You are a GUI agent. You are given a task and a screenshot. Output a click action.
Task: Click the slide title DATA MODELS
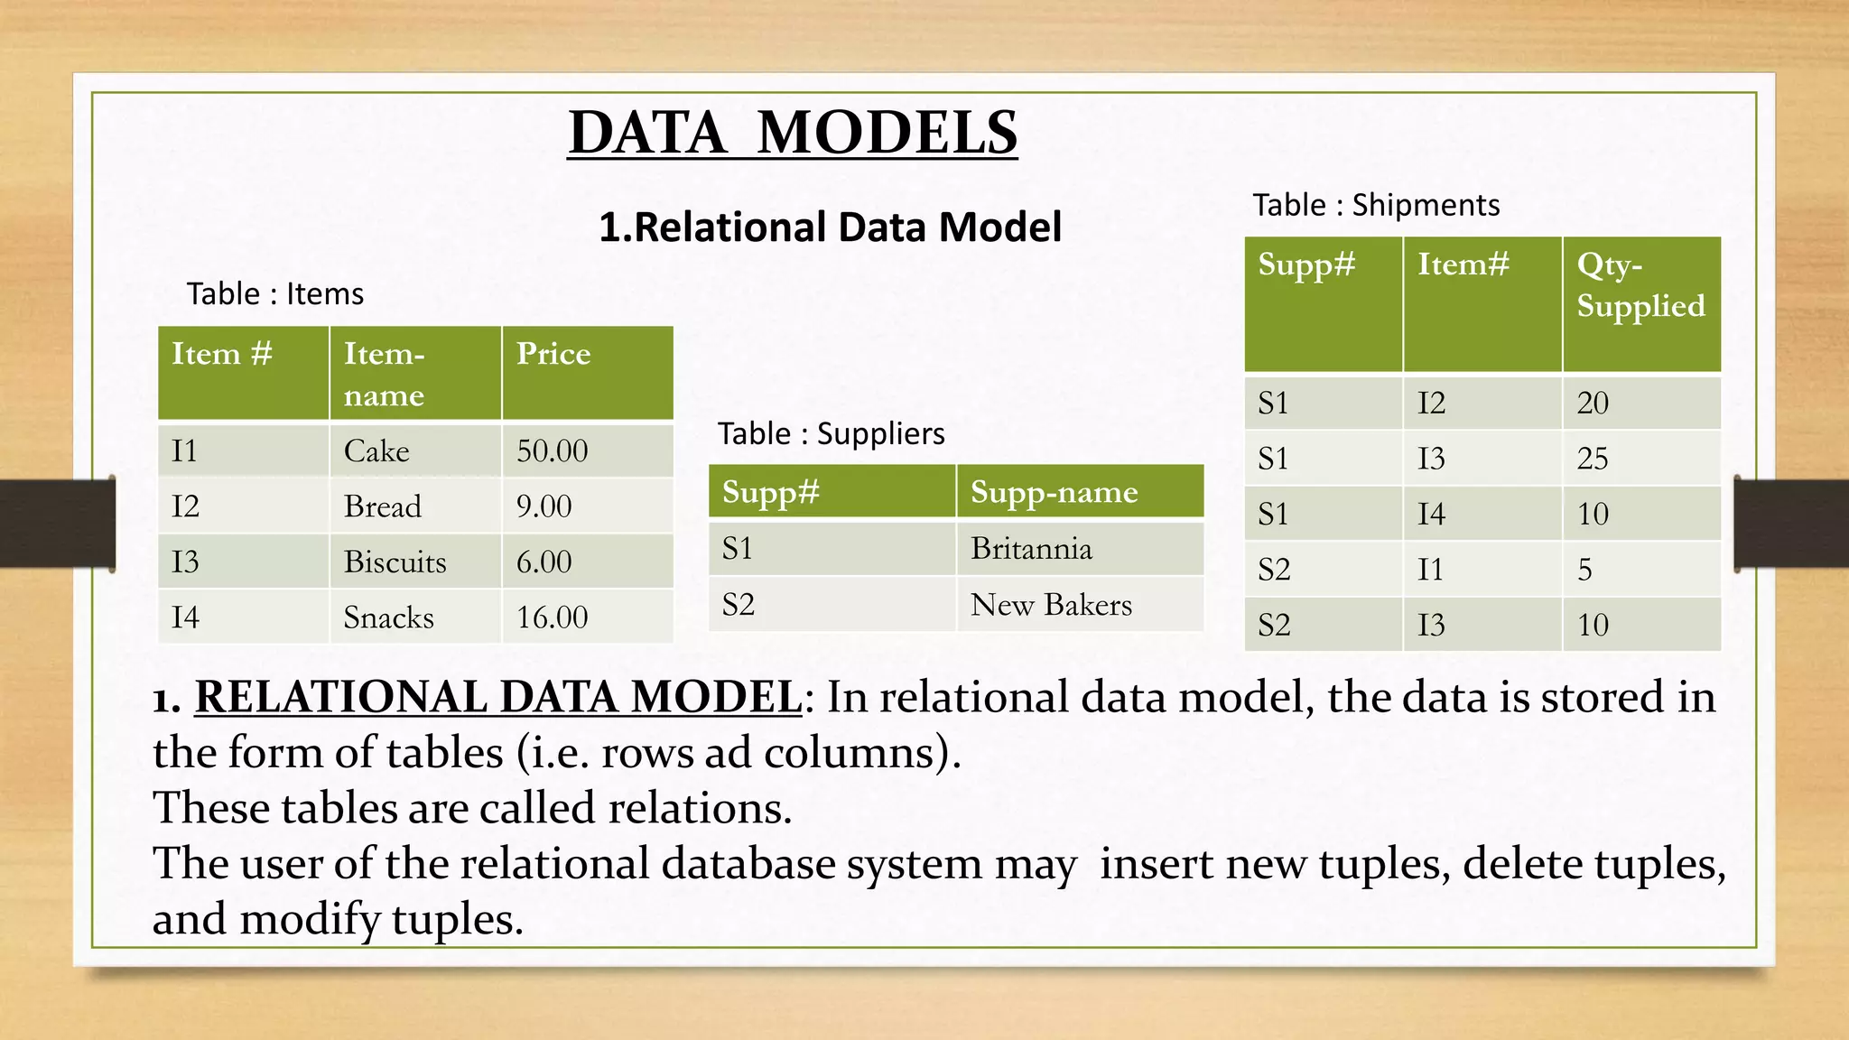[x=793, y=134]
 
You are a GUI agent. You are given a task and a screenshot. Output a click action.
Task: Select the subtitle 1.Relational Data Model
[x=830, y=227]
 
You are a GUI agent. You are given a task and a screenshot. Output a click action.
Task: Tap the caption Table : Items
[x=274, y=294]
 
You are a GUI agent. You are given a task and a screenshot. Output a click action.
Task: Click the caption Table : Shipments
[x=1375, y=206]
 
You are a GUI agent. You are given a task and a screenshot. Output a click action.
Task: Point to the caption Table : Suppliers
[x=831, y=434]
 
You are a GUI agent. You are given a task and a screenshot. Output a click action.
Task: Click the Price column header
[x=553, y=354]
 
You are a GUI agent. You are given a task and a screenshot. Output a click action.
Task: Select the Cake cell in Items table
[x=376, y=451]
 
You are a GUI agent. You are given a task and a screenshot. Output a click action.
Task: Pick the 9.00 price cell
[x=544, y=506]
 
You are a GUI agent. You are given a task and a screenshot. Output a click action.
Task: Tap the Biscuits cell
[x=395, y=562]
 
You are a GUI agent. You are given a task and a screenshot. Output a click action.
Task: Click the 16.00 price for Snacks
[x=552, y=617]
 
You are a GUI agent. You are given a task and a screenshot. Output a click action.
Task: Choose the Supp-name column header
[x=1054, y=492]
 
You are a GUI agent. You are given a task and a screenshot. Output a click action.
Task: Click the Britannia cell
[x=1031, y=549]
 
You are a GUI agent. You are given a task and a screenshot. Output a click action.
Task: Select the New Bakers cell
[x=1051, y=605]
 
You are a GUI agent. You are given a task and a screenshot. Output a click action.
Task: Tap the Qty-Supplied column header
[x=1640, y=285]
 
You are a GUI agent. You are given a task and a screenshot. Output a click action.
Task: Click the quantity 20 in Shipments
[x=1593, y=403]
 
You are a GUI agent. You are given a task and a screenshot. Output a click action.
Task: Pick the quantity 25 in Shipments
[x=1593, y=459]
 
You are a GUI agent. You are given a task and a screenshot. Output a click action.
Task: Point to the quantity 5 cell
[x=1584, y=570]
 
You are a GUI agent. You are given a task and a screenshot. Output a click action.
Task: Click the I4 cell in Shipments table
[x=1431, y=514]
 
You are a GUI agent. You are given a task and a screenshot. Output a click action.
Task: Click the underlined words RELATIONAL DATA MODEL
[x=497, y=698]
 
